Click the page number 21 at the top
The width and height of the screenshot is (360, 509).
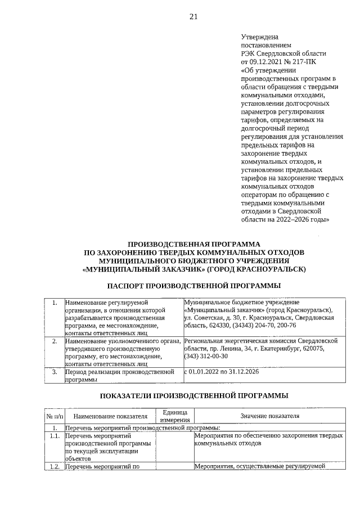click(x=193, y=17)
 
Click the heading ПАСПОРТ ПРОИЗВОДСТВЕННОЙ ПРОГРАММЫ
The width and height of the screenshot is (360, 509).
click(x=193, y=286)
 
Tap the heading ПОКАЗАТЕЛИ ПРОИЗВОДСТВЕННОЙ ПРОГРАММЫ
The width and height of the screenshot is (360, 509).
click(x=193, y=395)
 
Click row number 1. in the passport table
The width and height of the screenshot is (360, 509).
click(x=55, y=303)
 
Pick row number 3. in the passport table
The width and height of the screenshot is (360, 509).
click(x=55, y=372)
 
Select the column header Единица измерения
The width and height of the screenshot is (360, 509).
click(x=174, y=416)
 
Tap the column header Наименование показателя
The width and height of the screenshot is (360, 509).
click(x=110, y=416)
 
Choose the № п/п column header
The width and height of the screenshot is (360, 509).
click(x=54, y=417)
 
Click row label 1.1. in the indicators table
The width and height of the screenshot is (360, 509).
click(x=54, y=436)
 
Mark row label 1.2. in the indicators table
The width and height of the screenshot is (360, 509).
click(x=54, y=466)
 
